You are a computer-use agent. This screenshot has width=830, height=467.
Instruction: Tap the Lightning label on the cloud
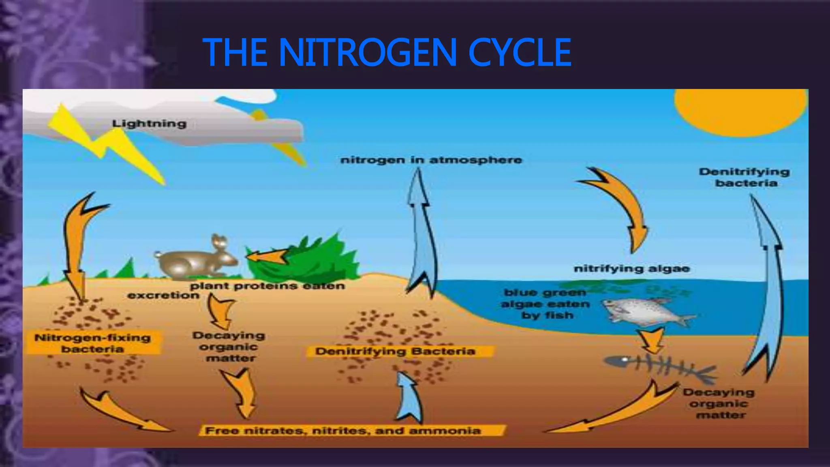(x=149, y=124)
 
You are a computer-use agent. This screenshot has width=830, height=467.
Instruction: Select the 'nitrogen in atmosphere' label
(x=431, y=160)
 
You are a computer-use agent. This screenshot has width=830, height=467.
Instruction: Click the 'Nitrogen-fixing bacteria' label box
(x=92, y=343)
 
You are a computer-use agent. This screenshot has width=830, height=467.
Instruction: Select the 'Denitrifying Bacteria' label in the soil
(x=395, y=351)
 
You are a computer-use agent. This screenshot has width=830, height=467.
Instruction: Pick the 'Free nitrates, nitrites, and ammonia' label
(x=343, y=431)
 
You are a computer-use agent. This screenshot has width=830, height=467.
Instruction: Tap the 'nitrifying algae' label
(x=631, y=269)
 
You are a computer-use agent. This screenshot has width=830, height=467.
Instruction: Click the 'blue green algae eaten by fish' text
(x=545, y=304)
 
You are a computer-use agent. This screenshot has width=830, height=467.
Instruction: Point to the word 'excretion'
(x=163, y=295)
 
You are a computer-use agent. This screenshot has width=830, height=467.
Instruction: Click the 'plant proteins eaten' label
(x=267, y=286)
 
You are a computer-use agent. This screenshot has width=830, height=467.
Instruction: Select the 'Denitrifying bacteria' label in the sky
(x=744, y=177)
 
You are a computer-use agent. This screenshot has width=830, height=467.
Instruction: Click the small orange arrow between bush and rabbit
(x=265, y=257)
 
